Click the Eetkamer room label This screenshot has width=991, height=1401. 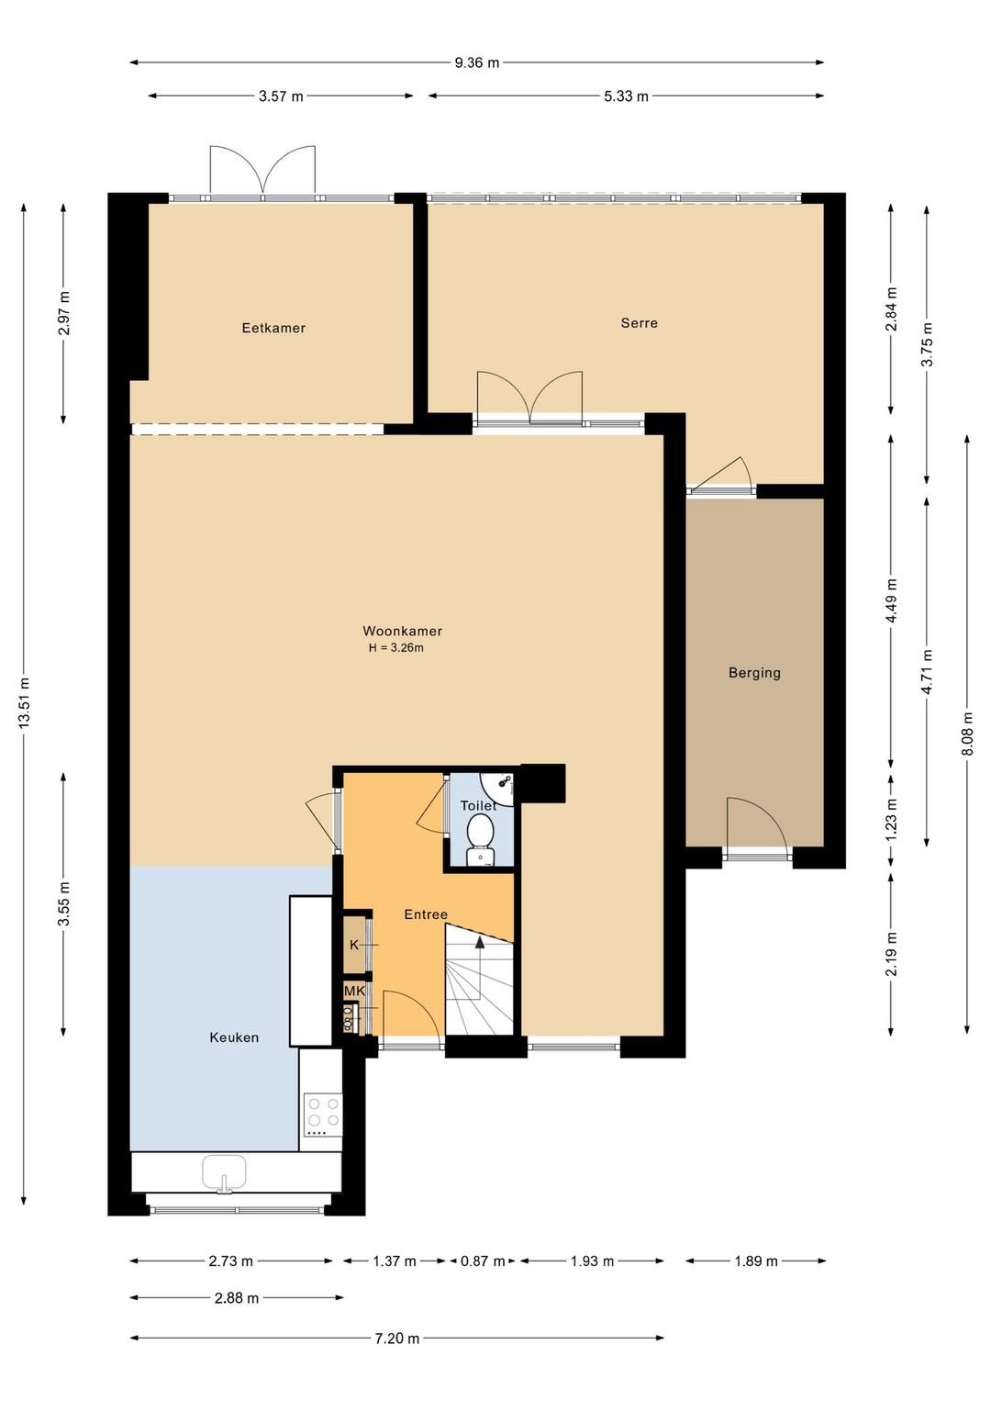click(273, 328)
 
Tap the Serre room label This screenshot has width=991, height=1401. click(639, 323)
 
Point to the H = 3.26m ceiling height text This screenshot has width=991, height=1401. click(395, 648)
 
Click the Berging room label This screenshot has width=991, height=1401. click(754, 673)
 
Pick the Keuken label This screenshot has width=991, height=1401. click(234, 1037)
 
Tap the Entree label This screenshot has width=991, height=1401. click(426, 914)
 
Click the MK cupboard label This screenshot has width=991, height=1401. click(354, 992)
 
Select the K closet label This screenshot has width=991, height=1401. click(354, 945)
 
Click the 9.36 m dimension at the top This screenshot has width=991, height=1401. click(477, 62)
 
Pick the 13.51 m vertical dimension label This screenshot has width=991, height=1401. click(24, 703)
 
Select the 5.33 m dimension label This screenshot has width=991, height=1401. click(626, 96)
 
